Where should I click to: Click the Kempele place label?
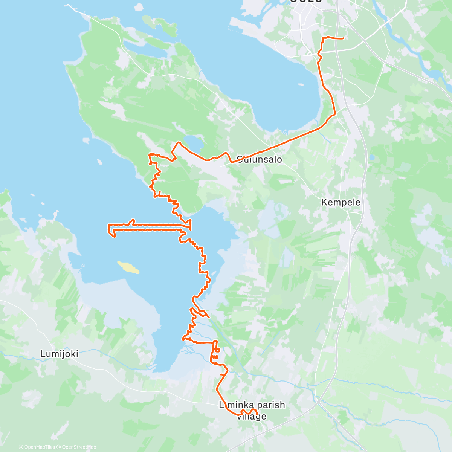[x=341, y=202]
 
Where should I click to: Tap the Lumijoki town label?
[x=59, y=354]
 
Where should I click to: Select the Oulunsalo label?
[x=260, y=159]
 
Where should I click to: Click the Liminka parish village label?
[x=252, y=405]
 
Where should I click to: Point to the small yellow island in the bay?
[x=128, y=267]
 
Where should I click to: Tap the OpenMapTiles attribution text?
[x=39, y=447]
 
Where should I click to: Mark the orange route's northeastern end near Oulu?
[x=344, y=38]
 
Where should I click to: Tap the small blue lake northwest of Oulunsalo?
[x=195, y=143]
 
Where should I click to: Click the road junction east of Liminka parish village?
[x=319, y=402]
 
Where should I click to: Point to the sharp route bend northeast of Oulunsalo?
[x=334, y=113]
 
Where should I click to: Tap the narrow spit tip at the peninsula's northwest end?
[x=68, y=5]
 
